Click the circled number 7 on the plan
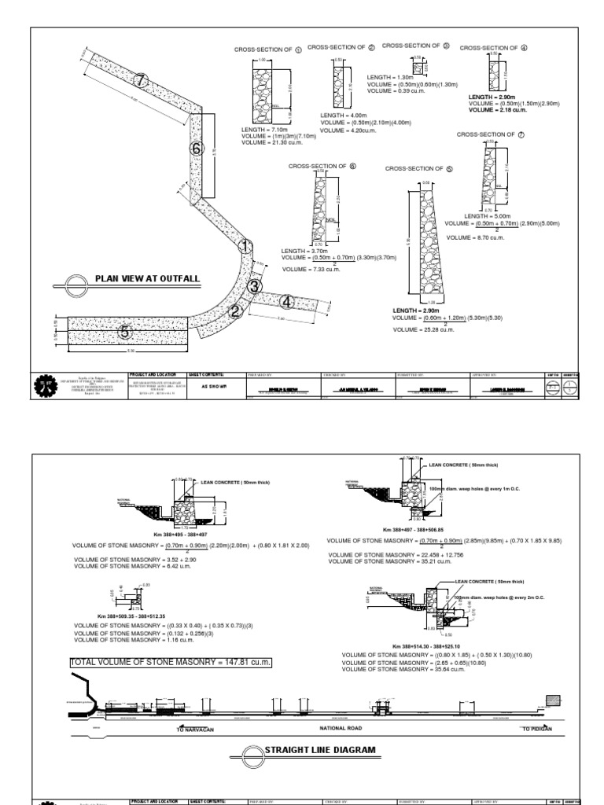[x=141, y=80]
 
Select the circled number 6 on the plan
[x=197, y=149]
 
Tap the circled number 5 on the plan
[x=123, y=333]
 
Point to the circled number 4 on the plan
[x=287, y=302]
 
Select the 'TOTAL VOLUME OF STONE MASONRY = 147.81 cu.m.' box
[x=171, y=662]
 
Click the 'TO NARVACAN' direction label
[x=196, y=729]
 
